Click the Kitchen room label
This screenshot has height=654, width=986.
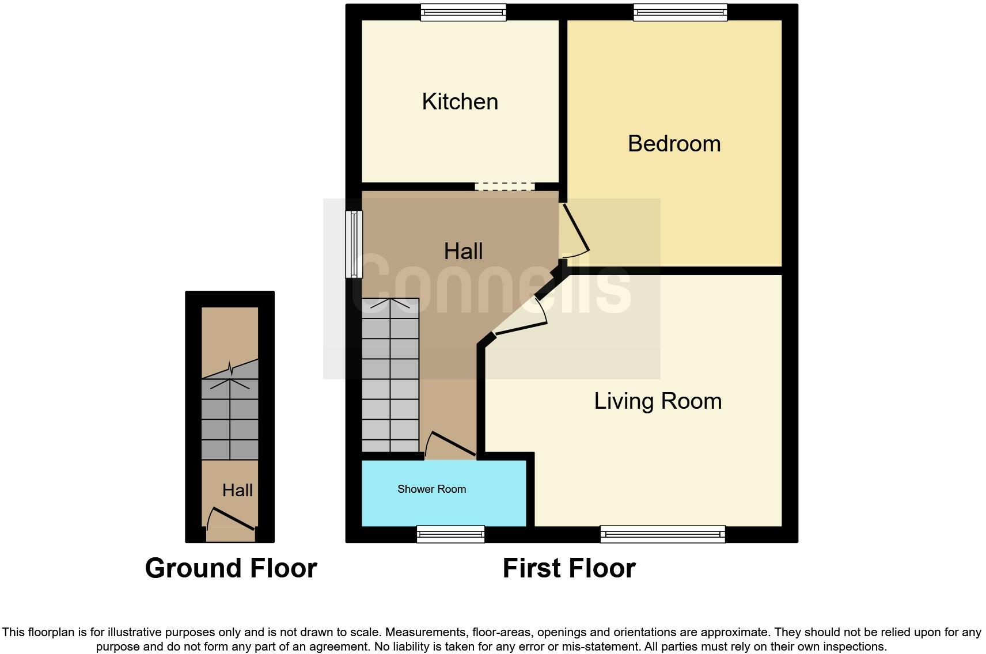coord(460,102)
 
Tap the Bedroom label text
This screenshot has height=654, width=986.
coord(674,143)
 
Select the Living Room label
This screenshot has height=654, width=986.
coord(658,401)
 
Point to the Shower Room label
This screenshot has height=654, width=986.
coord(431,489)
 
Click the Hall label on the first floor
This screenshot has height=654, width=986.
coord(463,252)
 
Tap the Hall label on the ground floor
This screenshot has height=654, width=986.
coord(237,490)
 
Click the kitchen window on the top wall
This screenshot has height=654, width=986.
coord(463,12)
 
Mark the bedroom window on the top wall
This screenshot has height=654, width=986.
coord(680,12)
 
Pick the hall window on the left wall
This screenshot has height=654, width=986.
coord(354,244)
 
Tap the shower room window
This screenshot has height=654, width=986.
coord(451,534)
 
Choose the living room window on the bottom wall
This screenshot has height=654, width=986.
coord(662,534)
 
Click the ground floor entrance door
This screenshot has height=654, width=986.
coord(231,519)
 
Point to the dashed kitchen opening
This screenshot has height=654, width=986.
coord(505,187)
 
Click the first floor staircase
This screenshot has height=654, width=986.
coord(390,375)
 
